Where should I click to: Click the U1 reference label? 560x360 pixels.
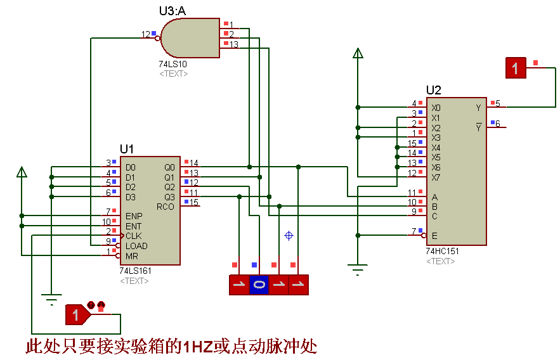click(127, 149)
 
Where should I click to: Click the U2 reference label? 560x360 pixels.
click(434, 90)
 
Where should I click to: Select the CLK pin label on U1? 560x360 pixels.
click(133, 236)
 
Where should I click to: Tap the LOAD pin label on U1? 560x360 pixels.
click(136, 246)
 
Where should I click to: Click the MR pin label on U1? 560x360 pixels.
click(131, 256)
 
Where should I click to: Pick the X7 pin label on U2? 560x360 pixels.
click(436, 177)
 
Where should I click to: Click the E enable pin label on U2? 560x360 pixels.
click(434, 236)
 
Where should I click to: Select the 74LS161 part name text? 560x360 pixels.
click(135, 271)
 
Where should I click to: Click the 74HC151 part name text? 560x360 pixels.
click(442, 251)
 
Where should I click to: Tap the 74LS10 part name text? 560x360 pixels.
click(173, 64)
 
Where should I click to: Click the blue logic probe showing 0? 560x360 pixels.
click(259, 285)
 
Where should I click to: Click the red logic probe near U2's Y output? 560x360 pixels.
click(516, 68)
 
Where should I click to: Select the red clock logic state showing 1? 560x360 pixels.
click(76, 314)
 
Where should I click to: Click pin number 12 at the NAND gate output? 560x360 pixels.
click(146, 34)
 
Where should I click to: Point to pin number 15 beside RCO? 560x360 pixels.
click(194, 203)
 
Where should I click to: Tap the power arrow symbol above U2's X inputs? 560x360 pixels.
click(358, 53)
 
